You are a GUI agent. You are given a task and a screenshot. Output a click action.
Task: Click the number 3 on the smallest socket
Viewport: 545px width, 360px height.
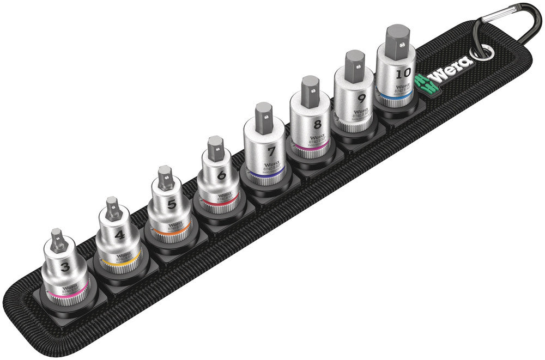65,266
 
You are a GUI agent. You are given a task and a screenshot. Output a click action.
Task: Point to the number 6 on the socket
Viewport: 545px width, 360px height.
221,175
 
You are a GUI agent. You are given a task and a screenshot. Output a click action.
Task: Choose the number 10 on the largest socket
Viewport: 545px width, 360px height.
403,72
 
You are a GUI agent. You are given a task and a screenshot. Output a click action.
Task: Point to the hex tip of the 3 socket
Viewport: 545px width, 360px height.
58,240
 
